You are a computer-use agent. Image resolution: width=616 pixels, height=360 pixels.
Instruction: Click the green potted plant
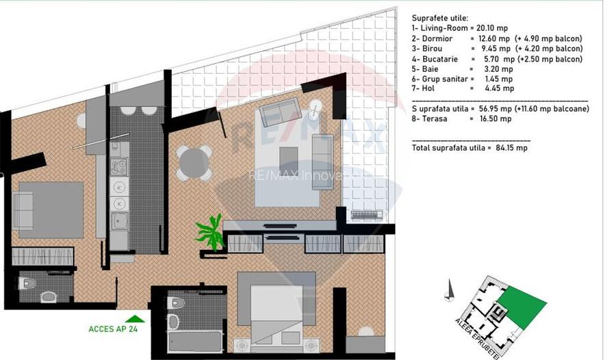(210, 232)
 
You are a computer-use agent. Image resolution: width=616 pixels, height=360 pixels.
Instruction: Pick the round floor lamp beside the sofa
(317, 108)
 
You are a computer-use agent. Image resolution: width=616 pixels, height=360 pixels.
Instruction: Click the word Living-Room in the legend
(443, 28)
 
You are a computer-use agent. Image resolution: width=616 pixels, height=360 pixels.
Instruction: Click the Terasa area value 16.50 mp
(496, 119)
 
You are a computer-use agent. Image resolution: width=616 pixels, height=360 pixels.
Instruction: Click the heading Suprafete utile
(439, 18)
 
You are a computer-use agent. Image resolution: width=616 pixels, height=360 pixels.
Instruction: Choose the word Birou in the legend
(431, 49)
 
